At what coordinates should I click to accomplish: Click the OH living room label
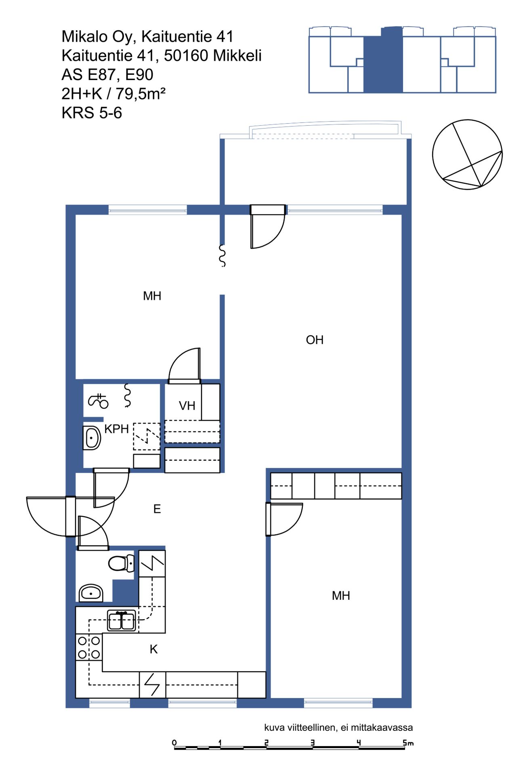point(315,340)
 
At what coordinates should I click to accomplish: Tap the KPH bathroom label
point(116,429)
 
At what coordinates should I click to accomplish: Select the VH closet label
point(187,405)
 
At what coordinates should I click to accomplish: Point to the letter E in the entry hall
point(157,509)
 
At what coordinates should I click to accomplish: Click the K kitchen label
point(153,649)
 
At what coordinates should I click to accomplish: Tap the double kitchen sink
point(121,621)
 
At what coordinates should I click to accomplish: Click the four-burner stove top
point(89,647)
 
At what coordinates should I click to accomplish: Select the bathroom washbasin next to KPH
point(92,437)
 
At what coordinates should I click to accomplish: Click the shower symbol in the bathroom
point(98,401)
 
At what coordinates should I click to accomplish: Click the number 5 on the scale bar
point(405,742)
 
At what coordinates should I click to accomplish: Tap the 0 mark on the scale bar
point(174,742)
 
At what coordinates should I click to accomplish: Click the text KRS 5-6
point(92,113)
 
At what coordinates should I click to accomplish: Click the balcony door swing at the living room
point(267,227)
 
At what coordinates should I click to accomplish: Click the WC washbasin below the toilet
point(91,593)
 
